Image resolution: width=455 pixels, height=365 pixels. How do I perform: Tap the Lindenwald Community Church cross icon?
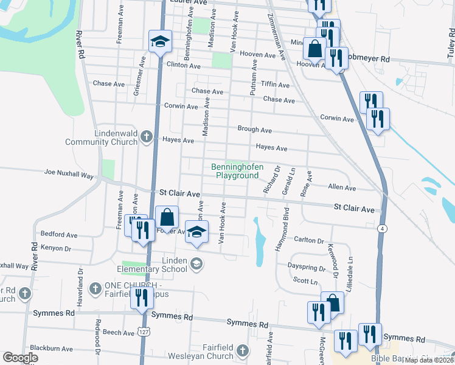[146, 136]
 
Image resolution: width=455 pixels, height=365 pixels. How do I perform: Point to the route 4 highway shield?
[381, 228]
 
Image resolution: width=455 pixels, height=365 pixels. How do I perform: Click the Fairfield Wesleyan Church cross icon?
[243, 350]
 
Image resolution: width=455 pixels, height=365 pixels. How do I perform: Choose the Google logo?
[20, 358]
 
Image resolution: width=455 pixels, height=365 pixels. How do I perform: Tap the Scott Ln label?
[305, 281]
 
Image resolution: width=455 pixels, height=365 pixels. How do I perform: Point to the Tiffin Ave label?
[275, 85]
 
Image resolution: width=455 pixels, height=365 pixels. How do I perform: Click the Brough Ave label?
[254, 130]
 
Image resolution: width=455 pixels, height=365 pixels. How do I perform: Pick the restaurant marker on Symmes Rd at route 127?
[141, 299]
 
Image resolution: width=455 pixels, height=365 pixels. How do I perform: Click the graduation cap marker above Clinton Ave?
[159, 41]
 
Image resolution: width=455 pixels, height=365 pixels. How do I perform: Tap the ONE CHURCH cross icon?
[95, 287]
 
